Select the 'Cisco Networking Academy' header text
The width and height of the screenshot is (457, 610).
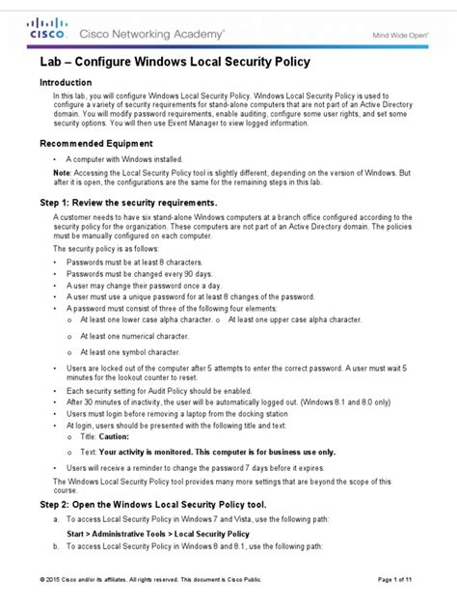(x=154, y=32)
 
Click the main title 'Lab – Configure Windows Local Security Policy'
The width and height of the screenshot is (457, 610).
(x=174, y=63)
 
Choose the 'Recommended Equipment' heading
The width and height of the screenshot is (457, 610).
(x=94, y=143)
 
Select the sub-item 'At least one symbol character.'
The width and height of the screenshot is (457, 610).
(x=136, y=352)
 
